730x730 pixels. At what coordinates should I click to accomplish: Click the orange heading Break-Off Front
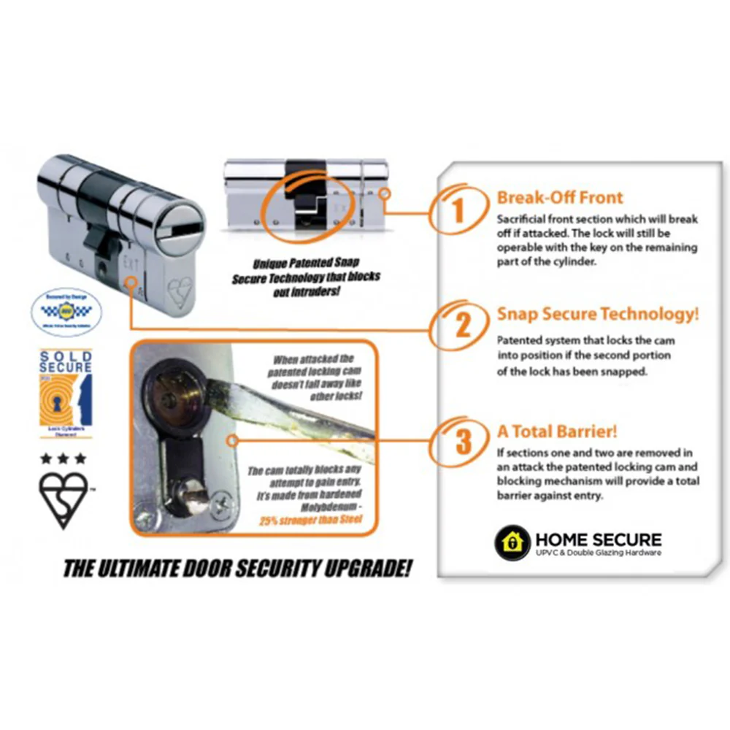[x=560, y=197]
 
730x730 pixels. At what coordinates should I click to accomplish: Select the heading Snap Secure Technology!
[x=597, y=314]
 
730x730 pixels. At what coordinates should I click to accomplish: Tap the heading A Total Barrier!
[x=558, y=431]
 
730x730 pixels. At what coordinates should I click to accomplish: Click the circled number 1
[x=458, y=210]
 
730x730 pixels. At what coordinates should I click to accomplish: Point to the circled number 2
[x=463, y=326]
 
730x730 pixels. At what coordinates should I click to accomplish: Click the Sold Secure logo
[x=66, y=394]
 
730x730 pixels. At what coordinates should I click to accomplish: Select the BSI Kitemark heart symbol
[x=64, y=499]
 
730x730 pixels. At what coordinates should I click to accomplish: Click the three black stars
[x=64, y=458]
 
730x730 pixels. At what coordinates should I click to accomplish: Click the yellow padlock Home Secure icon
[x=512, y=542]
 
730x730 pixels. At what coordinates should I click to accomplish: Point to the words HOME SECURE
[x=599, y=539]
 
